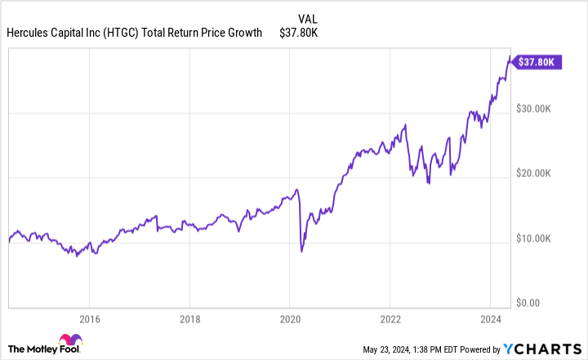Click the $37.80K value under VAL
[x=299, y=33]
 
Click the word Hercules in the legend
[x=29, y=33]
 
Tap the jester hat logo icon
[x=68, y=341]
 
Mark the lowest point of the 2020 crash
[x=302, y=251]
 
